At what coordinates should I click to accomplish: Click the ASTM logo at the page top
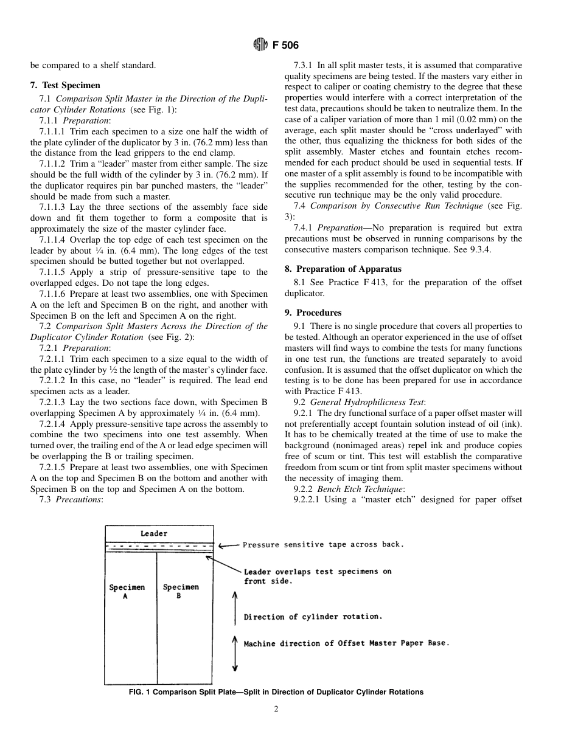[260, 45]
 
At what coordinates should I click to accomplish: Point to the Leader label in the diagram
[154, 533]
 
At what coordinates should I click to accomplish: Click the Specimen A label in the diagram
[127, 591]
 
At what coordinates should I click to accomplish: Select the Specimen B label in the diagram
[181, 591]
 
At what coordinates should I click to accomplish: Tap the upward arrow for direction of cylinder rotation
[235, 608]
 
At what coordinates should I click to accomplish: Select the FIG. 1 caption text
[276, 692]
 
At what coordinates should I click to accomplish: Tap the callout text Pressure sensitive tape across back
[322, 545]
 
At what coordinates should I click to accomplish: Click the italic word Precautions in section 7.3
[78, 500]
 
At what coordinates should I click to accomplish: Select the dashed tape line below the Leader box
[159, 545]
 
